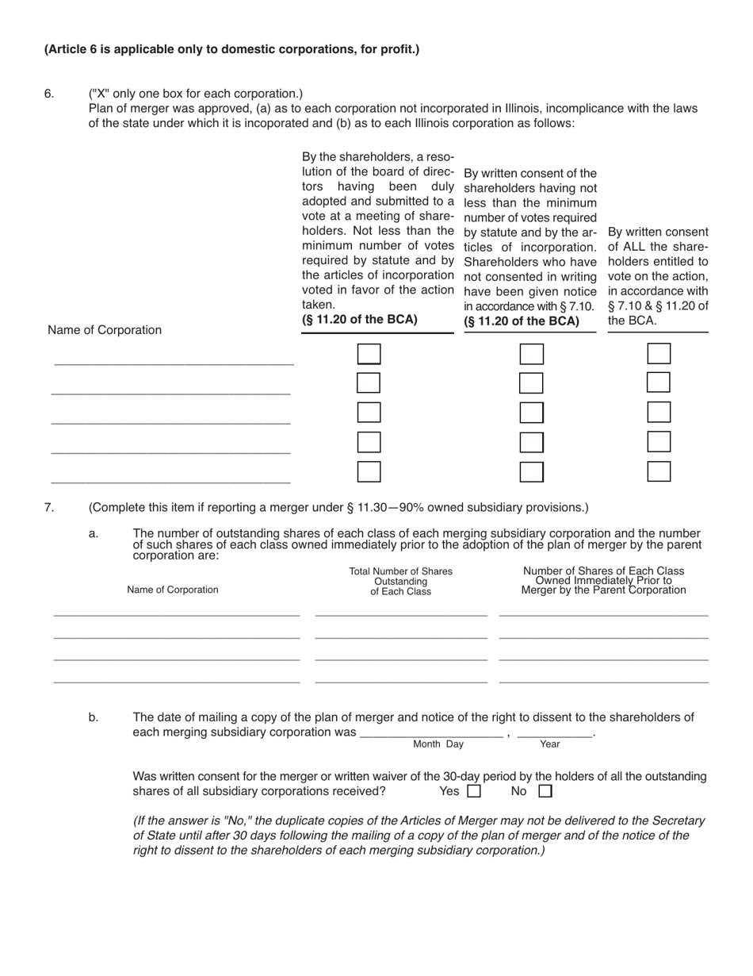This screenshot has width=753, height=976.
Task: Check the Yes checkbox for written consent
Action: point(474,791)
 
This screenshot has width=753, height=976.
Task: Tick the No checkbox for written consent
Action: point(545,791)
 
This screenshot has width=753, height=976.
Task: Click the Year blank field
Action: point(554,732)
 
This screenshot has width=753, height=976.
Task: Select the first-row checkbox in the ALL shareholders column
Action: point(659,353)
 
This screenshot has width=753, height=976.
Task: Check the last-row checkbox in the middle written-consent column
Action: point(531,472)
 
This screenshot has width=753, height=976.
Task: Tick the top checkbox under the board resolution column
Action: point(369,353)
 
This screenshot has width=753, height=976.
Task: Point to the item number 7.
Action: point(49,507)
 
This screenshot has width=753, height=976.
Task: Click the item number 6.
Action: point(49,94)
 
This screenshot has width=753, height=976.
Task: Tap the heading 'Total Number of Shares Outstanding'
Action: point(400,582)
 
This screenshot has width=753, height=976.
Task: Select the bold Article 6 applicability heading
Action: point(231,49)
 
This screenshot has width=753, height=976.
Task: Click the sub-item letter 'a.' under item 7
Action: point(94,534)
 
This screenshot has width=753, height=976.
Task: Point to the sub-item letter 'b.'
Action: point(94,717)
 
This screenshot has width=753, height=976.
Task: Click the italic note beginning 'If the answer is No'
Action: point(419,836)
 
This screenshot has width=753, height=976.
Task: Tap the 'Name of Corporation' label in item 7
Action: point(172,590)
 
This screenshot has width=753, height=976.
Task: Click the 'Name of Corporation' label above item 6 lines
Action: point(105,330)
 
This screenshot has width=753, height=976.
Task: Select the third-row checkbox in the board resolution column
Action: point(369,413)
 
